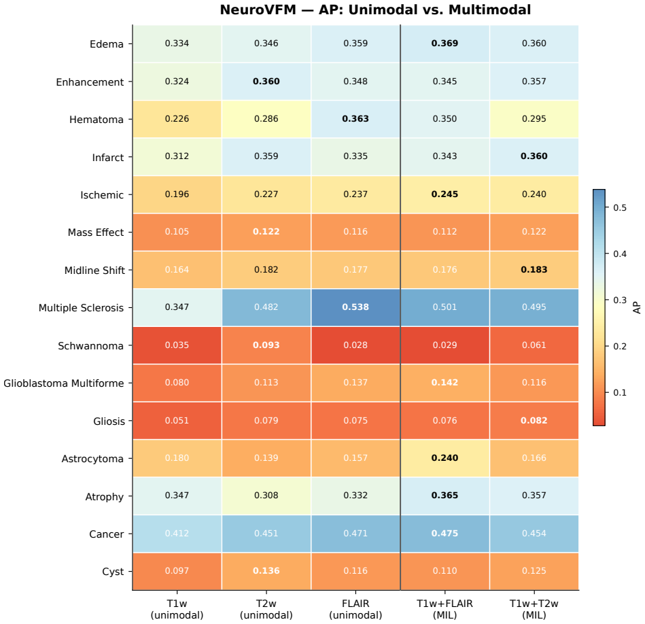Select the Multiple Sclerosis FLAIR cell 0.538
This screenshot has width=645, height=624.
[355, 307]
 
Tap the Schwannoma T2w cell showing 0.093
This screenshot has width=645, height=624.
[266, 345]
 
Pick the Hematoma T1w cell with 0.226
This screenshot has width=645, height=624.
[177, 119]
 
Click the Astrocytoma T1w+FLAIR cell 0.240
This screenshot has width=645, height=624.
[444, 458]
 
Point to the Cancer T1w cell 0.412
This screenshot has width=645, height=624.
[177, 534]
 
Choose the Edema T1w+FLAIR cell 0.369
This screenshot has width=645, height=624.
[444, 44]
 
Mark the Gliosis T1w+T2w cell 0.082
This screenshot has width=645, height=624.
[534, 420]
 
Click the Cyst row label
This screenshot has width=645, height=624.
[113, 572]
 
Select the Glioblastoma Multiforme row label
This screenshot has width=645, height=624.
[64, 383]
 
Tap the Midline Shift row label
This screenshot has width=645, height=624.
[94, 271]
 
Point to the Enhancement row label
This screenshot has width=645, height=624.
[90, 82]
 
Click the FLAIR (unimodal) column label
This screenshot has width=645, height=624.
[355, 609]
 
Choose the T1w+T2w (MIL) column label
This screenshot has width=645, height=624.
[534, 609]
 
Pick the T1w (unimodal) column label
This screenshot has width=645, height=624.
[177, 609]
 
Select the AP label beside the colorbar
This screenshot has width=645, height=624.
[637, 308]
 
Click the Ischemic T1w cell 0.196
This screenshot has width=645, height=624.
[177, 194]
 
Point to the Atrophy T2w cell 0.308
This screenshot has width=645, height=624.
[266, 496]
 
